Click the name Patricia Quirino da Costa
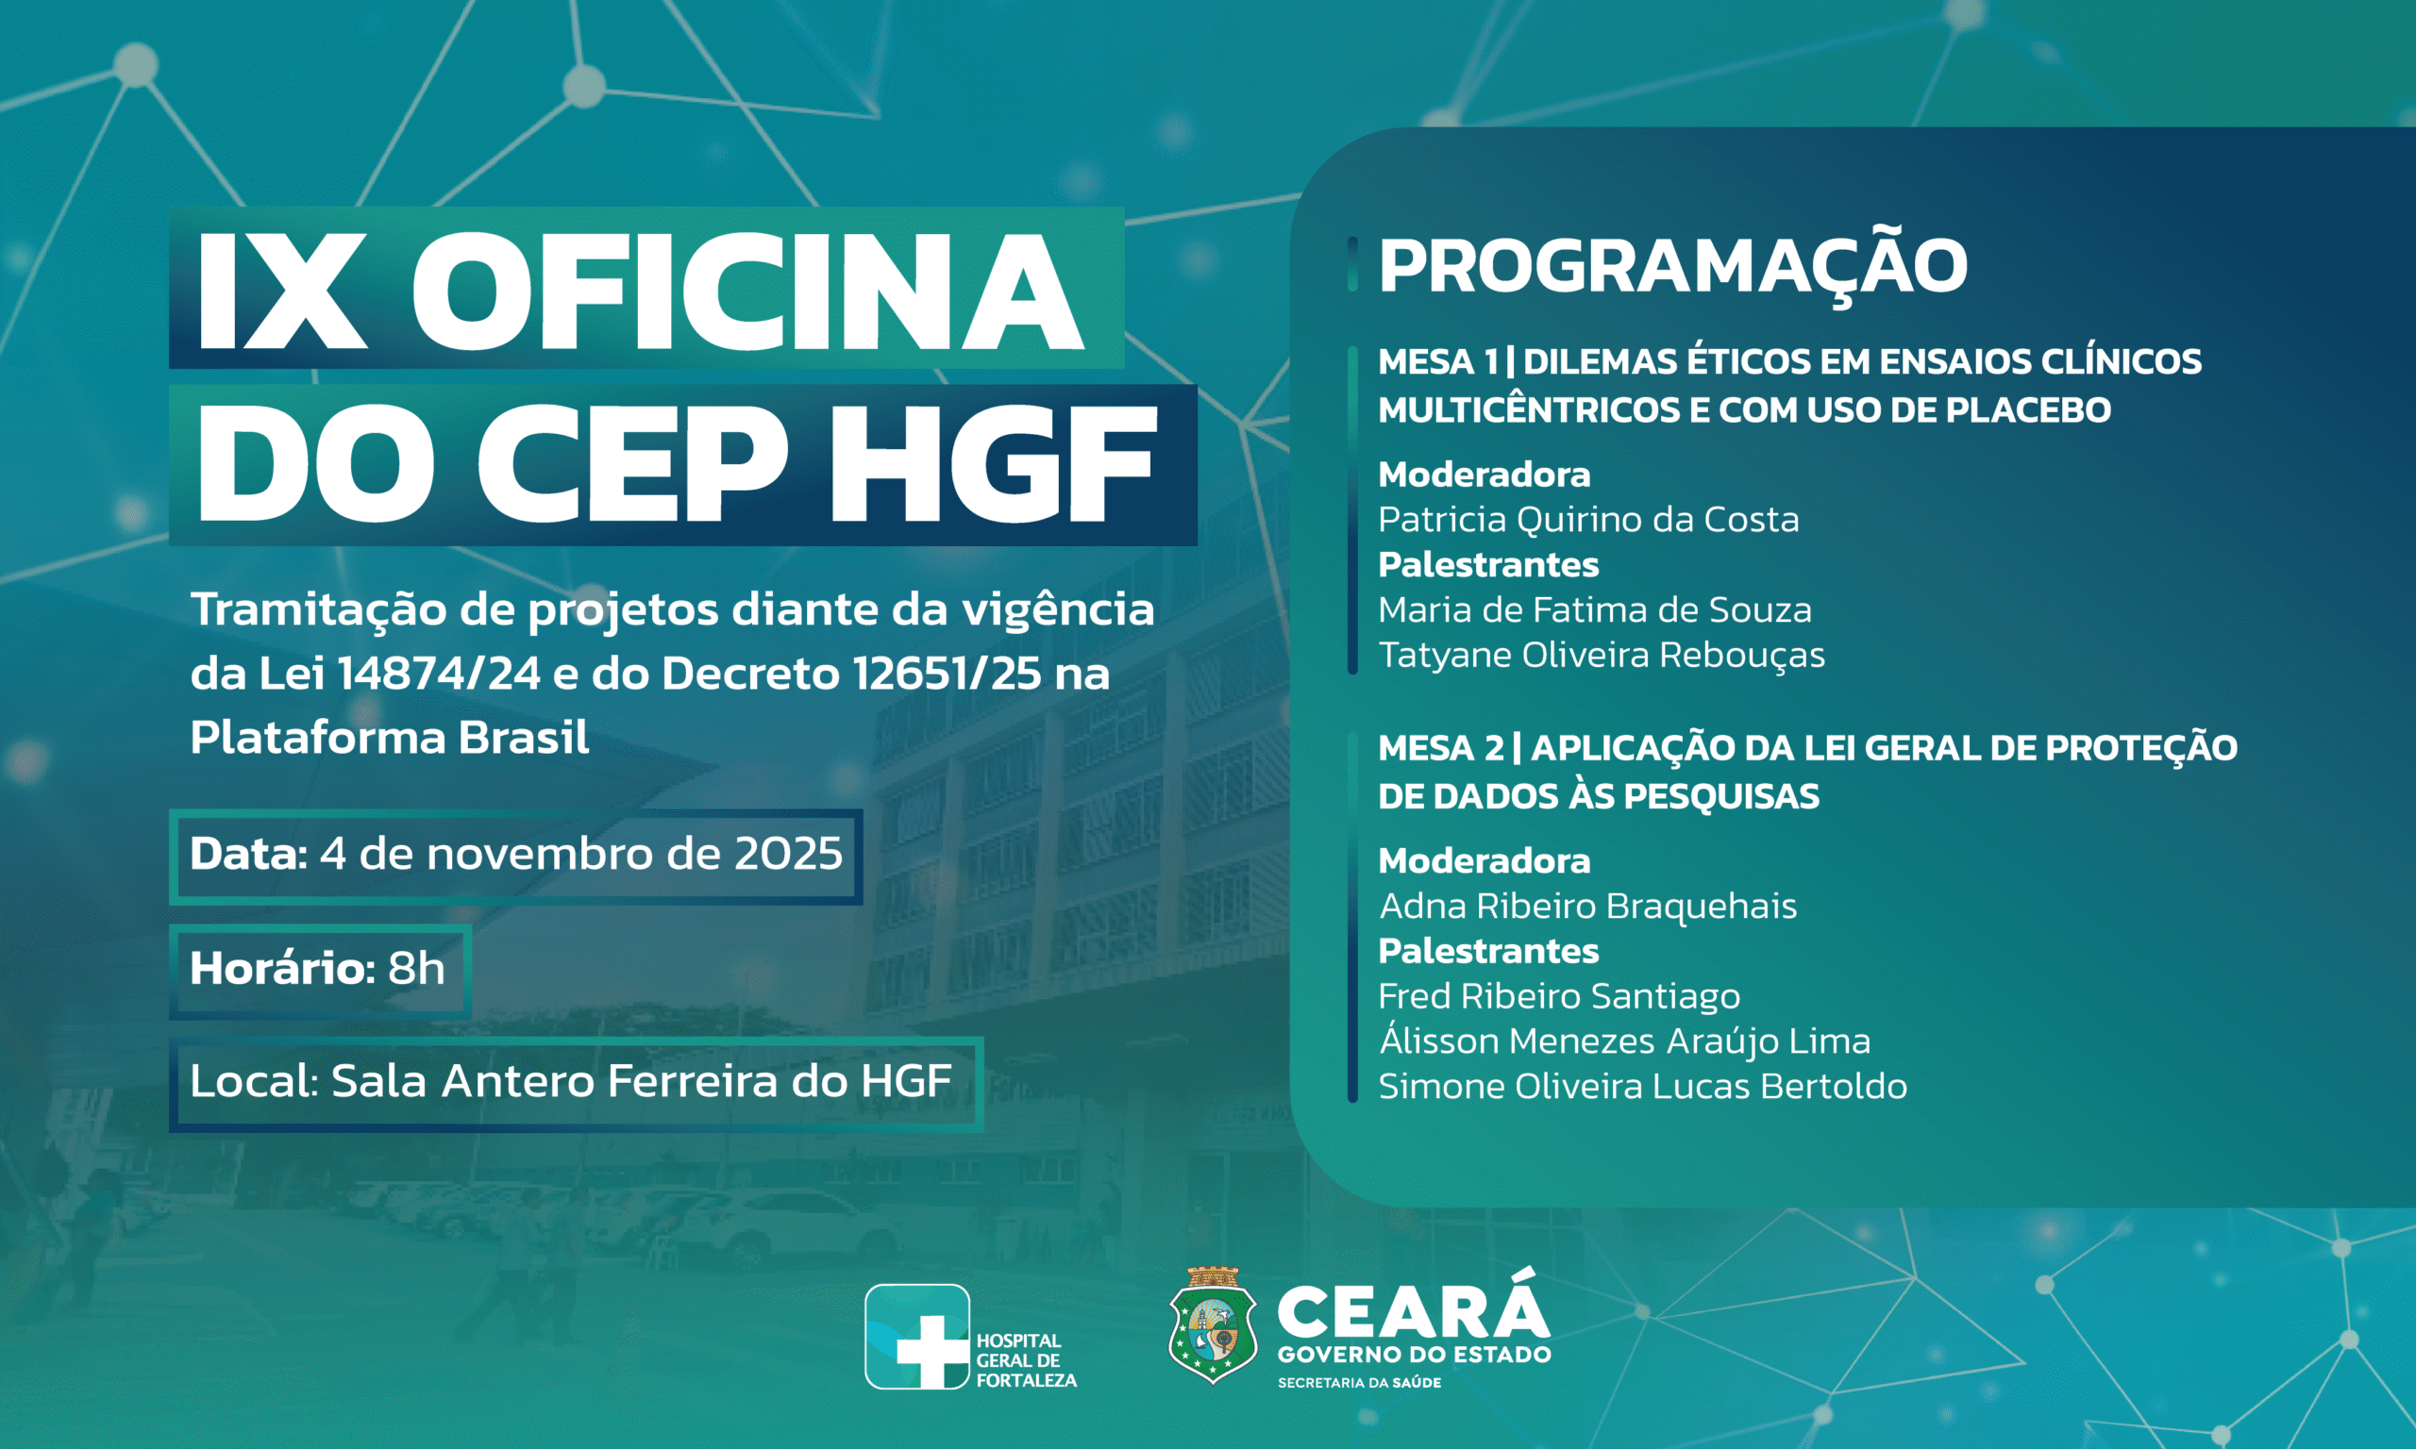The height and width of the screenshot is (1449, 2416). click(x=1588, y=520)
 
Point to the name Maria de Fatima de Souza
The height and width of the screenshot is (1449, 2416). click(x=1595, y=610)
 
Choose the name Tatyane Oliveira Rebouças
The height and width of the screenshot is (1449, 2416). click(x=1602, y=656)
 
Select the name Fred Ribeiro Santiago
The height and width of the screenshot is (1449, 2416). click(x=1558, y=996)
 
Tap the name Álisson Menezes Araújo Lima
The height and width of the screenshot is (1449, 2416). click(x=1625, y=1040)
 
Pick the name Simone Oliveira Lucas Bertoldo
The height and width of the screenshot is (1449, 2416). click(x=1642, y=1086)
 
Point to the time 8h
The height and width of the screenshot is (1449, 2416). click(x=416, y=968)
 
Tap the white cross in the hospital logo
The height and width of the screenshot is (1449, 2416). click(x=933, y=1350)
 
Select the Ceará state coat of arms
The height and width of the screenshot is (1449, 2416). click(x=1212, y=1326)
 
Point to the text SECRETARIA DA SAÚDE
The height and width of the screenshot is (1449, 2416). click(x=1359, y=1383)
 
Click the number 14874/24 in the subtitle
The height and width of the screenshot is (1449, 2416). click(x=439, y=674)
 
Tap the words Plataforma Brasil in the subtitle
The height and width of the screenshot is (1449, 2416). click(x=390, y=737)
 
